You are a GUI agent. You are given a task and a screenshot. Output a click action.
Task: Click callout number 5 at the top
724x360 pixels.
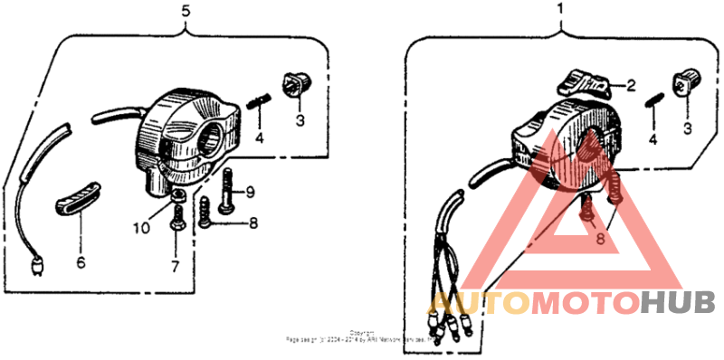pyautogui.click(x=186, y=12)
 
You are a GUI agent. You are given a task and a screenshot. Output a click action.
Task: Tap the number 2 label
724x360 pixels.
pyautogui.click(x=631, y=86)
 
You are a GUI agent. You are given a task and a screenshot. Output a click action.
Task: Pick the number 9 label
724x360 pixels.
pyautogui.click(x=251, y=191)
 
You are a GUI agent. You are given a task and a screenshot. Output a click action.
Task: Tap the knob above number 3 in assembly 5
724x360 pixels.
pyautogui.click(x=296, y=84)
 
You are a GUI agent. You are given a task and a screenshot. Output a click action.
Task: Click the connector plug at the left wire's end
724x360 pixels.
pyautogui.click(x=35, y=266)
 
